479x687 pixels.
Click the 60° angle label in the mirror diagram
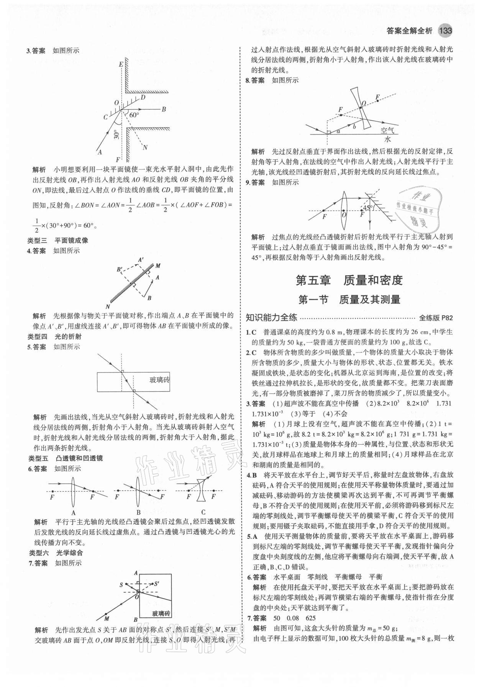point(135,115)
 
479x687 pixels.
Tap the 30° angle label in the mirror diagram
point(116,134)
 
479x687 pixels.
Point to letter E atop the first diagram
point(121,65)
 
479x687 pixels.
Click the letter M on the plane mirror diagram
point(158,266)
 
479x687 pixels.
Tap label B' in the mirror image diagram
point(120,270)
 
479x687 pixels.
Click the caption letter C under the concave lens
point(203,512)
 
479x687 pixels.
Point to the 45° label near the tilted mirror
point(367,208)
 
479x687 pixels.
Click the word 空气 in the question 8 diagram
point(388,130)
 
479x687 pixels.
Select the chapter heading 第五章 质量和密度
point(349,280)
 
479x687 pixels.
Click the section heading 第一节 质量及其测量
point(349,299)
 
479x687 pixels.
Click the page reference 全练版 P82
point(436,317)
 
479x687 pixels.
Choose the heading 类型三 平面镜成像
point(58,240)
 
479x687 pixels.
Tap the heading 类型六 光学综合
point(56,553)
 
